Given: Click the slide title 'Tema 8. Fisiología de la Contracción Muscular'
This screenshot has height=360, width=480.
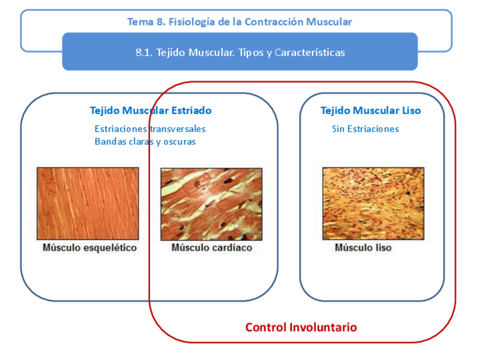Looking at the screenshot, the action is tap(239, 22).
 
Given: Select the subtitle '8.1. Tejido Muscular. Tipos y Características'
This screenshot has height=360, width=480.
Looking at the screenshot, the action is tap(240, 53).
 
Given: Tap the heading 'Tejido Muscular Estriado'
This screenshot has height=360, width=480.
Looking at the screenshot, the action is tap(151, 110).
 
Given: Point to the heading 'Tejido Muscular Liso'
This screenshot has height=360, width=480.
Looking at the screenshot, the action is tap(371, 110).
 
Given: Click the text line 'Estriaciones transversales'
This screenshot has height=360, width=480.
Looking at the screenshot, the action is tap(150, 129).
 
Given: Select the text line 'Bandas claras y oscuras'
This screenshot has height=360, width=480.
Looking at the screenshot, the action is tap(145, 142).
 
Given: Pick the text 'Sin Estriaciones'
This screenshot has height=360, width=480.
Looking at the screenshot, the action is tap(365, 129).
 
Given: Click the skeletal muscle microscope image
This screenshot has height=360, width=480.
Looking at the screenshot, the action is tap(88, 203).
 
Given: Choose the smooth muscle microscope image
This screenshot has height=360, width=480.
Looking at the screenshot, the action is tap(373, 203).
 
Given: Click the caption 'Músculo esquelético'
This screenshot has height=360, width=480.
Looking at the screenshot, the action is tap(89, 248).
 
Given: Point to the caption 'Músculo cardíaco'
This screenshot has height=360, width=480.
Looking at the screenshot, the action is tap(212, 248).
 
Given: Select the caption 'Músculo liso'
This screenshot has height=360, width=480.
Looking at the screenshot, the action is tap(363, 248).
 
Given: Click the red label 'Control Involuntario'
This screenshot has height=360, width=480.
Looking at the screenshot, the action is tap(301, 327).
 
